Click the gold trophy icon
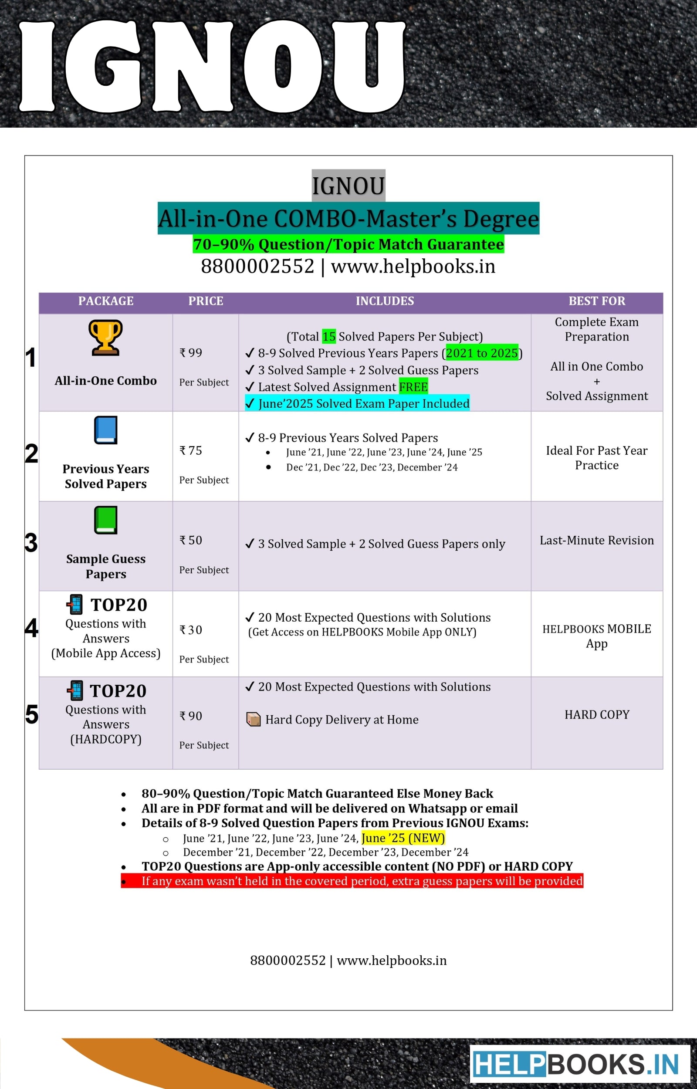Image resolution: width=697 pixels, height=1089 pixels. tap(105, 338)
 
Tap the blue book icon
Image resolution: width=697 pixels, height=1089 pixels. tap(106, 430)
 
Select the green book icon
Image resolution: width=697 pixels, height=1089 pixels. tap(106, 520)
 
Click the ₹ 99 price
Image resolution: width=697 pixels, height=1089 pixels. tap(191, 353)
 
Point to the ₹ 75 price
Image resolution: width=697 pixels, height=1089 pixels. tap(191, 450)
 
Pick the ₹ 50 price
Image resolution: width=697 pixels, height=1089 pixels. tap(191, 540)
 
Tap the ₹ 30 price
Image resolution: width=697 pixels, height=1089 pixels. tap(191, 630)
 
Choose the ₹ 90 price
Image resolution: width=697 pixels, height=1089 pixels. tap(191, 716)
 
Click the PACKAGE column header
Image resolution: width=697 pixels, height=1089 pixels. tap(106, 301)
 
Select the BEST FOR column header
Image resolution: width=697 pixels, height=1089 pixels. tap(596, 301)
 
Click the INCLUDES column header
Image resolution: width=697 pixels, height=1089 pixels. tap(385, 301)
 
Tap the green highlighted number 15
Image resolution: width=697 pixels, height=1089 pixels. tap(328, 337)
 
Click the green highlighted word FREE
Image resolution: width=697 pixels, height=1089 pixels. tap(413, 387)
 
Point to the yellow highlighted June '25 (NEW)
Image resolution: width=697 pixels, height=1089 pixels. tap(403, 838)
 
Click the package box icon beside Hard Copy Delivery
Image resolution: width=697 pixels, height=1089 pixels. tap(254, 719)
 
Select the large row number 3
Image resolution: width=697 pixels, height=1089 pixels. tap(31, 542)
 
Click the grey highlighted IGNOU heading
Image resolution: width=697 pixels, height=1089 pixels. tap(348, 186)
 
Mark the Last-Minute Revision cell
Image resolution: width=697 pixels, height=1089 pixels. tap(596, 540)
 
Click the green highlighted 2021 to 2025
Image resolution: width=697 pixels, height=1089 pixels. tap(481, 353)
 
